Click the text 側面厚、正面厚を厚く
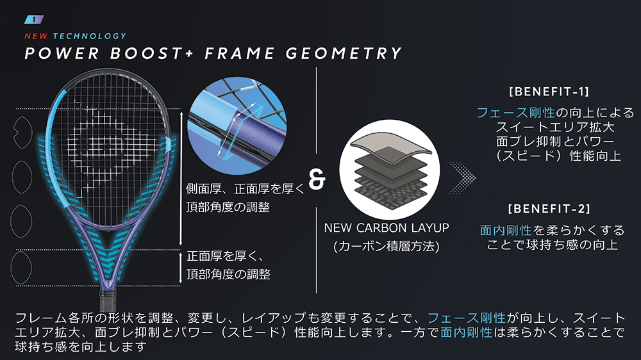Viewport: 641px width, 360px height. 244,190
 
